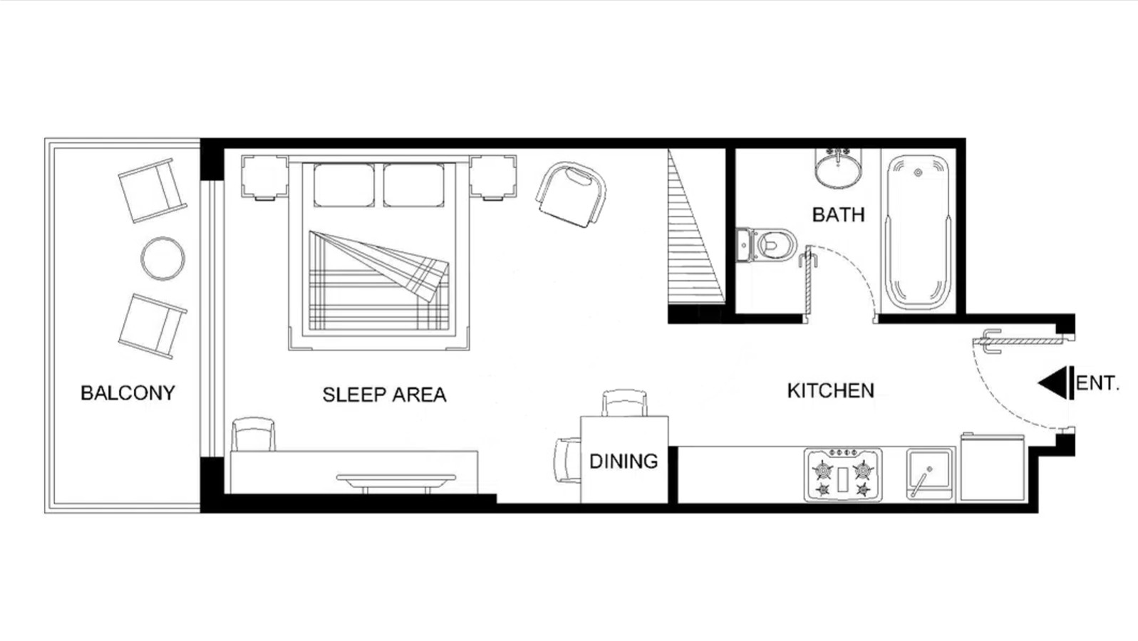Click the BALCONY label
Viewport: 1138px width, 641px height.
(x=128, y=392)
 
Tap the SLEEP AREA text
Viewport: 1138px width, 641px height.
(x=385, y=395)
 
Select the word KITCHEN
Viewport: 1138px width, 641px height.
(x=831, y=390)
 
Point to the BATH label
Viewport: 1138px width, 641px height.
(x=838, y=215)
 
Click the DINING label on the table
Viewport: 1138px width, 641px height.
(x=624, y=462)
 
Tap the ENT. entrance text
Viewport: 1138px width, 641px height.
(x=1097, y=383)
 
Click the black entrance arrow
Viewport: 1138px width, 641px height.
(x=1056, y=382)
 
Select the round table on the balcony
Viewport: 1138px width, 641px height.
(x=162, y=259)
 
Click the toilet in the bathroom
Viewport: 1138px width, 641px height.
(x=767, y=245)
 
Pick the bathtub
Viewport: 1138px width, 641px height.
(x=918, y=232)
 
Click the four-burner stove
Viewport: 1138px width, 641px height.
(x=843, y=475)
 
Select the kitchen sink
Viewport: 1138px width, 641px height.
(x=930, y=474)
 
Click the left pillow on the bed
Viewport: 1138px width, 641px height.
(x=344, y=185)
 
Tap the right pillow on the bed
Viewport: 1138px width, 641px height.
(x=413, y=185)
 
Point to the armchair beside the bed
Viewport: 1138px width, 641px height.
(x=571, y=194)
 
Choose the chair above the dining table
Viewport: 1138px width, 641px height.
(x=624, y=403)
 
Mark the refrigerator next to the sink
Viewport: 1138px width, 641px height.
(x=992, y=467)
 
